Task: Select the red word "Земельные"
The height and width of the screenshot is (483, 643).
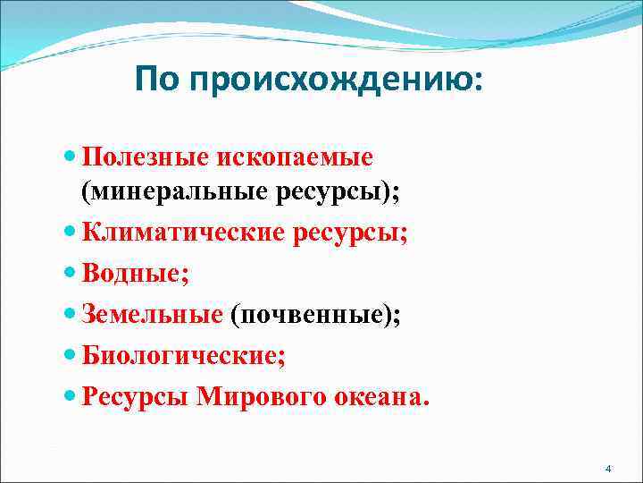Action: (x=152, y=314)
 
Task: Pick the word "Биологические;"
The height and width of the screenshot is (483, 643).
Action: (x=184, y=356)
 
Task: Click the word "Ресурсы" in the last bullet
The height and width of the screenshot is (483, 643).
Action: (x=135, y=396)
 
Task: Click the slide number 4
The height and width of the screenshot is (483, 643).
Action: (x=608, y=470)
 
